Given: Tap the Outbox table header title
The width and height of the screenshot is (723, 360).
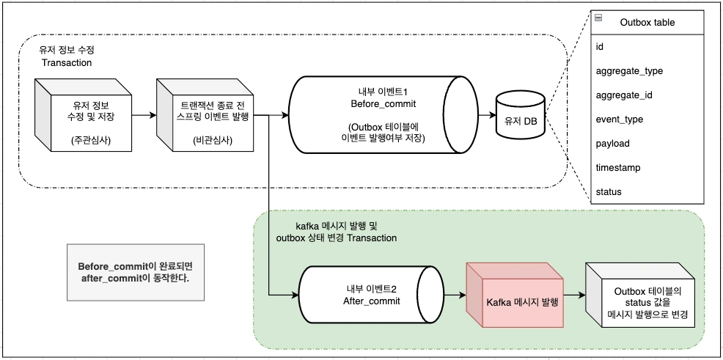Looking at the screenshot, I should click(x=647, y=22).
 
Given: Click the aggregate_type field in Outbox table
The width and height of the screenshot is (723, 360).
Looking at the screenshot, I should click(x=629, y=71).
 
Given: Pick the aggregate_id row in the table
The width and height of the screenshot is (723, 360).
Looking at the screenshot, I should click(x=624, y=95).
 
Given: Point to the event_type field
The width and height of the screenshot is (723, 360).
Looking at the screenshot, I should click(x=620, y=120).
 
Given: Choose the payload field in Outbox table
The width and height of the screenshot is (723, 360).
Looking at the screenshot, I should click(x=612, y=144).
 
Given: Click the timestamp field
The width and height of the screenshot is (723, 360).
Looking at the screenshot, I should click(x=618, y=168).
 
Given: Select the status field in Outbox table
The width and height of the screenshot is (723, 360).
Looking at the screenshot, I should click(x=609, y=192).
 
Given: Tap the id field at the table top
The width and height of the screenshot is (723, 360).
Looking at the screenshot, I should click(x=600, y=47).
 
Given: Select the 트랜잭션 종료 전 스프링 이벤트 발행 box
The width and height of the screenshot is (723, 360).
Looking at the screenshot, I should click(x=203, y=117).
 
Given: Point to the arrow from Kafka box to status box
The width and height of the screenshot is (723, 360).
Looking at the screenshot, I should click(x=573, y=296).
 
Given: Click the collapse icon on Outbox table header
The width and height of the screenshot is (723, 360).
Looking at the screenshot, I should click(x=598, y=18).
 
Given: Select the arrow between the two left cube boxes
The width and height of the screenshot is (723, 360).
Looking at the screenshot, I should click(x=142, y=115).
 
